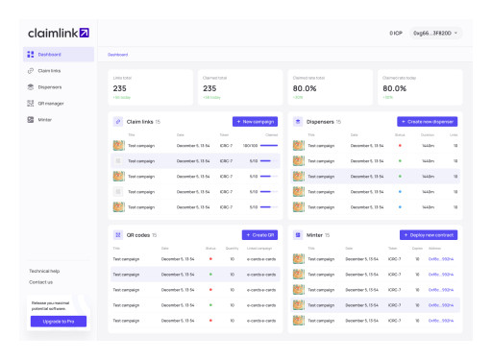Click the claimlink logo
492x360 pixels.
pyautogui.click(x=58, y=33)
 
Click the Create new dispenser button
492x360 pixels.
pyautogui.click(x=428, y=122)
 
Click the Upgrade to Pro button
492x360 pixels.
pyautogui.click(x=58, y=322)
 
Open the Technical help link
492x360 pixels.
pyautogui.click(x=44, y=271)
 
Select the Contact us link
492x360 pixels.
pyautogui.click(x=40, y=282)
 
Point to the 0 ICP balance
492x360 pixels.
pyautogui.click(x=395, y=33)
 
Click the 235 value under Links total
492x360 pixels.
pyautogui.click(x=120, y=88)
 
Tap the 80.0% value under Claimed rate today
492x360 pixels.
pyautogui.click(x=394, y=88)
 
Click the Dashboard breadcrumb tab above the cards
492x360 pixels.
pyautogui.click(x=117, y=55)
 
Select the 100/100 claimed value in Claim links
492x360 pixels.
pyautogui.click(x=251, y=146)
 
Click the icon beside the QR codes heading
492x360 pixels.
pyautogui.click(x=117, y=234)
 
